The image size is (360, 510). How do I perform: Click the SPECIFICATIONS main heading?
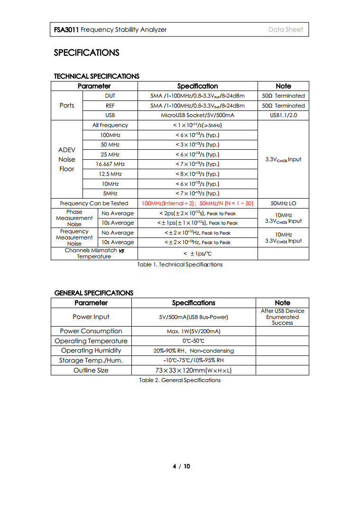click(86, 53)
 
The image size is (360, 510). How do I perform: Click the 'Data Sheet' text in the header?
click(285, 29)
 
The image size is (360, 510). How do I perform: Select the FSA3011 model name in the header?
click(66, 29)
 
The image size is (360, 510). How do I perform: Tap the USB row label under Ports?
click(110, 115)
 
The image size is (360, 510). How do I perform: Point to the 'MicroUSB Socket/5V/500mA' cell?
click(197, 115)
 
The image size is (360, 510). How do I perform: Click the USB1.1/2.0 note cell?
click(283, 115)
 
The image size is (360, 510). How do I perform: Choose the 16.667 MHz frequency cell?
click(110, 164)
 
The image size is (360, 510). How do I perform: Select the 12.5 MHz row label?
click(110, 174)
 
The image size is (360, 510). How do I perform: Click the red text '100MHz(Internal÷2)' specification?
click(168, 203)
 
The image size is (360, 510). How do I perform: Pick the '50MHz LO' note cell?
click(283, 203)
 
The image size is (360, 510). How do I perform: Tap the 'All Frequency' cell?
click(110, 125)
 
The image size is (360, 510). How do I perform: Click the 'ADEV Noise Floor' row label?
click(66, 159)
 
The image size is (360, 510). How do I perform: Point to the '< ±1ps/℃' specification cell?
click(197, 254)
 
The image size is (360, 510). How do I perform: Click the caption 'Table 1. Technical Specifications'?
click(180, 264)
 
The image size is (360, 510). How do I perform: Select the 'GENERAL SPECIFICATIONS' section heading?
click(94, 293)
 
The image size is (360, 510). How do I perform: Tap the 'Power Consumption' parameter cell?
click(91, 331)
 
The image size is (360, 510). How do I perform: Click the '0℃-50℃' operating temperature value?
click(194, 341)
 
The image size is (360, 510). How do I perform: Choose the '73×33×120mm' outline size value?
click(194, 370)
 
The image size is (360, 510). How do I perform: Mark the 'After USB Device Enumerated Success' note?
click(282, 317)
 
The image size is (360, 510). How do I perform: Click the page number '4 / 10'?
click(181, 466)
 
